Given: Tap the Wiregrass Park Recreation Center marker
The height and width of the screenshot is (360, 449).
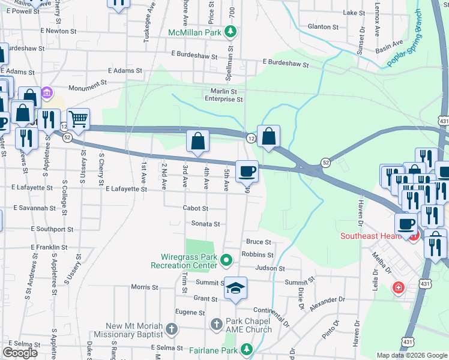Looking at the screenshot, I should point(226,260).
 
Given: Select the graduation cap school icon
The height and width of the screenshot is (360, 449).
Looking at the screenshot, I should point(236,288).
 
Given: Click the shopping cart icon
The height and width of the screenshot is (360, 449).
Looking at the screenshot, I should point(78,119).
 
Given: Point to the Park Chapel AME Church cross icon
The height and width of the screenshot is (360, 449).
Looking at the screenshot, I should point(217,325).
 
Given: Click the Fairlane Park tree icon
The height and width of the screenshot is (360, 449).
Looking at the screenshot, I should point(246,349).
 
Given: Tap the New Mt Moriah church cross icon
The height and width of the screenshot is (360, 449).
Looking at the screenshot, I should point(172,329).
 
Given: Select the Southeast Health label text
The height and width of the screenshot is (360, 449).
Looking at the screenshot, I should point(372,236).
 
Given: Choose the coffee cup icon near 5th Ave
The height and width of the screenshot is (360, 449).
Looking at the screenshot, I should point(247,172).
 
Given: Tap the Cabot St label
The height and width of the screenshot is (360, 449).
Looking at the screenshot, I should point(196,208).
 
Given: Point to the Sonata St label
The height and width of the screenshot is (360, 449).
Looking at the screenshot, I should point(206,224).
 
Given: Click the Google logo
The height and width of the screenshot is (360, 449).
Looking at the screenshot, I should point(20,353).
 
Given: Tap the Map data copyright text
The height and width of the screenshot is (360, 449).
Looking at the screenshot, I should point(411,355).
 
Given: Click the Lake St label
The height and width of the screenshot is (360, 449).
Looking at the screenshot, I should point(354,13).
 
